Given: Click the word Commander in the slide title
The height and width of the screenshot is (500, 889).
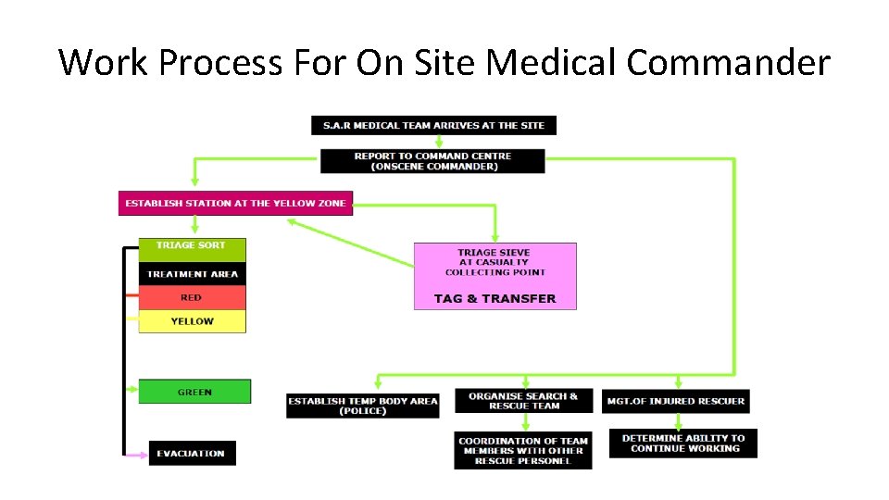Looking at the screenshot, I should (x=728, y=62).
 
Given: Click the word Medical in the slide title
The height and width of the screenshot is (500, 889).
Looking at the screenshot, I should (x=551, y=62).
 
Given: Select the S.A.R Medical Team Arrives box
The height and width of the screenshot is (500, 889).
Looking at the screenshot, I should (x=433, y=125).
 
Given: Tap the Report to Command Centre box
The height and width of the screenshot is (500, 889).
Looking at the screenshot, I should (x=432, y=161).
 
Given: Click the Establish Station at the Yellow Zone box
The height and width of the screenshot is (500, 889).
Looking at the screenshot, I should (x=235, y=203).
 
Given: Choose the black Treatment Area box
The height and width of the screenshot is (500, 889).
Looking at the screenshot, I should (x=192, y=274).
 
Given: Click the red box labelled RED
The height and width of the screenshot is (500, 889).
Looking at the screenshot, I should (x=192, y=297).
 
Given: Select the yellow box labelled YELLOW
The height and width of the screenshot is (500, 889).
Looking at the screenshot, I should (x=192, y=321).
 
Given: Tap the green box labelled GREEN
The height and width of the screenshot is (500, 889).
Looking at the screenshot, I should (x=194, y=392).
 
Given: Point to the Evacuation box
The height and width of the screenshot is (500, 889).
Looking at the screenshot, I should (x=192, y=453).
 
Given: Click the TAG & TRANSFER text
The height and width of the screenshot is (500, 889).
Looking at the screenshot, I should (x=495, y=298).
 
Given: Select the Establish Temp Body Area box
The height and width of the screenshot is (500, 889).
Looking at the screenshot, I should (x=362, y=406).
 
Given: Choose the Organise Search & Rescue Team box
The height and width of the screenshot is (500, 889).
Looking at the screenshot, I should (x=522, y=401).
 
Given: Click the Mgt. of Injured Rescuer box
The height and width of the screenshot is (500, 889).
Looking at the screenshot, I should (x=675, y=402).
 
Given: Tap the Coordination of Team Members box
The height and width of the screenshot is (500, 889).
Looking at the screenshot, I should (x=522, y=451).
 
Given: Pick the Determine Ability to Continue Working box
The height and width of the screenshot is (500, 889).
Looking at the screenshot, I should (x=682, y=444).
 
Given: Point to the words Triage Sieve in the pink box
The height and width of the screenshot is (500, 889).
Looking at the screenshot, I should (x=495, y=252).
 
